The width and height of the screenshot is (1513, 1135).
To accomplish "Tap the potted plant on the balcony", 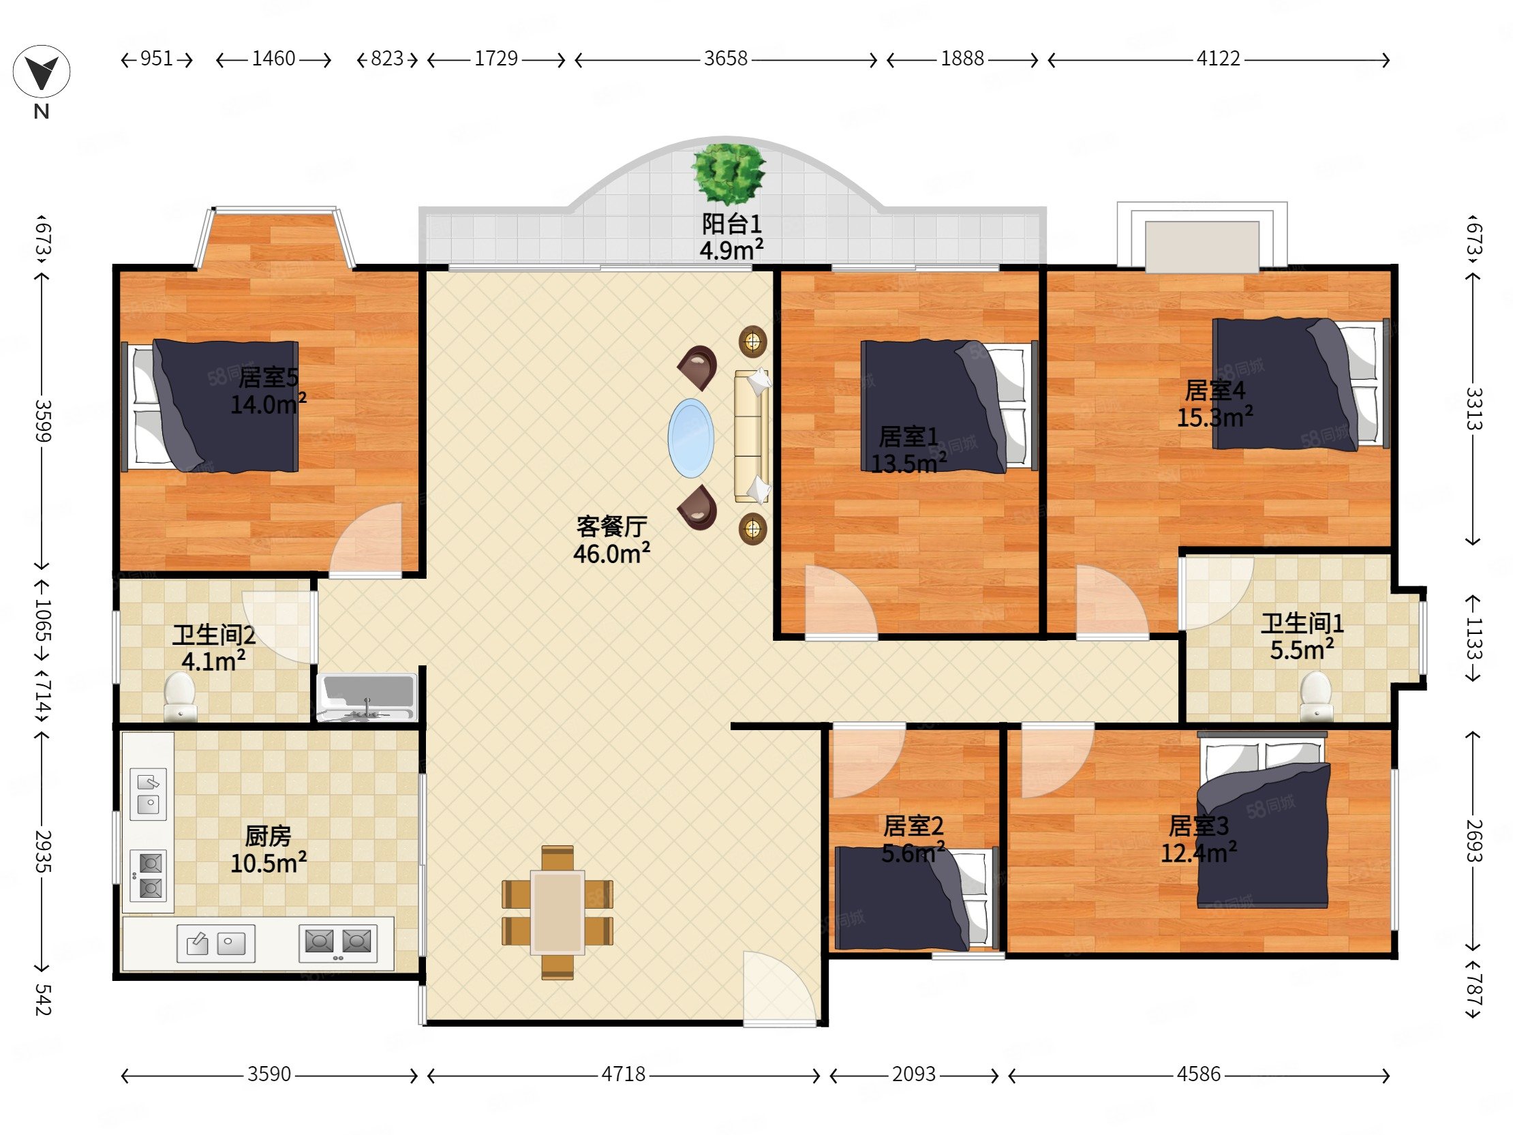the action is (x=728, y=173).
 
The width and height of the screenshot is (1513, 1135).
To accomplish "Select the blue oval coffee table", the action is (x=691, y=438).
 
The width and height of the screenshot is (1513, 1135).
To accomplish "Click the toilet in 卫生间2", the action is (x=181, y=696).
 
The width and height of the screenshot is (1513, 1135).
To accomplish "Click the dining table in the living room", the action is (x=557, y=912).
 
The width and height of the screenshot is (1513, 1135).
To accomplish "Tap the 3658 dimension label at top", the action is (x=726, y=59).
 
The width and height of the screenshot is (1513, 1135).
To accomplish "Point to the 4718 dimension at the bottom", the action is (x=623, y=1074).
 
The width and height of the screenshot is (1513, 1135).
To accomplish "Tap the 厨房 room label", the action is (x=268, y=836).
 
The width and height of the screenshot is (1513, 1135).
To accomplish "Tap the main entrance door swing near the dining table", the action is (x=780, y=988).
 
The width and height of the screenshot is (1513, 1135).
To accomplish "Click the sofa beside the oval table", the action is (x=751, y=436).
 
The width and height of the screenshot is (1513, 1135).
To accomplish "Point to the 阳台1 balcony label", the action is (x=731, y=224).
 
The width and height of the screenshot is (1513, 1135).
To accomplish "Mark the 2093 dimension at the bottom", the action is (x=914, y=1074).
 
